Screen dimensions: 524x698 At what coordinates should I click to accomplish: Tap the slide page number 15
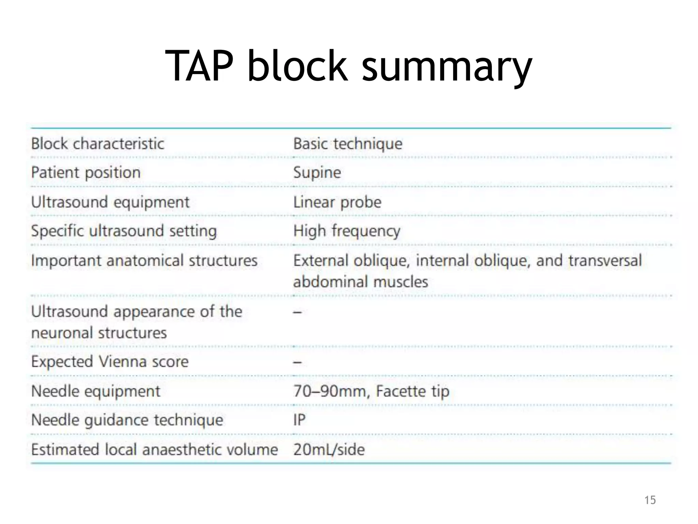click(650, 500)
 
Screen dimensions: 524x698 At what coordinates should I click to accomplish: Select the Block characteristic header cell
click(97, 144)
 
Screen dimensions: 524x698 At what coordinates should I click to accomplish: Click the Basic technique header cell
click(348, 144)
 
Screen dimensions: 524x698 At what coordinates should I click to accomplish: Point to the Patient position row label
click(86, 173)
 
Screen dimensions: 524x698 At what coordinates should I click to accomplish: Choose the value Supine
click(317, 173)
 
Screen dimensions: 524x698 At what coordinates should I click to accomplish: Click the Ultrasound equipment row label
click(110, 202)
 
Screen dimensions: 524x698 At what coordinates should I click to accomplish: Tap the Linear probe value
click(337, 202)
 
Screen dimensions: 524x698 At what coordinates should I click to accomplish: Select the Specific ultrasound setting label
click(124, 231)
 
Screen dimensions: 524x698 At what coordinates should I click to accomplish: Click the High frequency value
click(347, 231)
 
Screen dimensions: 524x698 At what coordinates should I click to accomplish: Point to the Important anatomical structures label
click(144, 261)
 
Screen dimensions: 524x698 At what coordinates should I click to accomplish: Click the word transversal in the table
click(605, 261)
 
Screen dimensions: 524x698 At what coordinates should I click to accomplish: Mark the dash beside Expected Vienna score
click(297, 362)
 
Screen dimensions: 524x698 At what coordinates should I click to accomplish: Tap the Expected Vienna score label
click(110, 362)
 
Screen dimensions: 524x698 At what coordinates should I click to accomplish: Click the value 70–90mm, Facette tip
click(371, 391)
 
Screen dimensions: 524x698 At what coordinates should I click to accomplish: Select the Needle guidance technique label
click(127, 420)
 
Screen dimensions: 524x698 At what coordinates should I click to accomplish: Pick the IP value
click(299, 420)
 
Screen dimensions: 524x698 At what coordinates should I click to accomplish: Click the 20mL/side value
click(329, 449)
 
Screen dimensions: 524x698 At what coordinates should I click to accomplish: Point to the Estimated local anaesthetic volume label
click(154, 449)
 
